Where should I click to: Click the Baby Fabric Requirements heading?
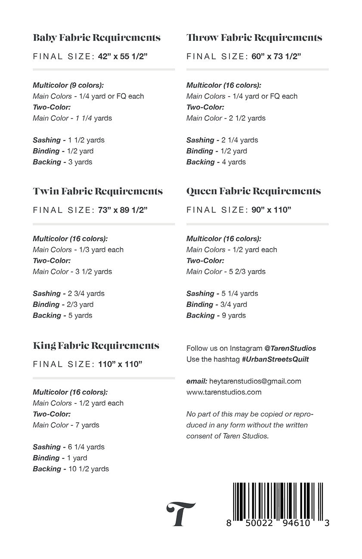(96, 38)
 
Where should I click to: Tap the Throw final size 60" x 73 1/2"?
(276, 56)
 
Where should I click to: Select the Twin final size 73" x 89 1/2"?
(123, 210)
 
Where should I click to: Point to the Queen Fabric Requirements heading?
(254, 191)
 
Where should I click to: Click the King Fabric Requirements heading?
(96, 346)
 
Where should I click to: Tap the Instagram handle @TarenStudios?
(290, 348)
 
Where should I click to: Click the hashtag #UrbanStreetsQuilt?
(275, 359)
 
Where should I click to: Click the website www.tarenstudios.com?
(224, 392)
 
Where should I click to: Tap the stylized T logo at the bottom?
(180, 513)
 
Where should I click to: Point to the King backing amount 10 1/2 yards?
(88, 469)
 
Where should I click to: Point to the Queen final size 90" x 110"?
(272, 210)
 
